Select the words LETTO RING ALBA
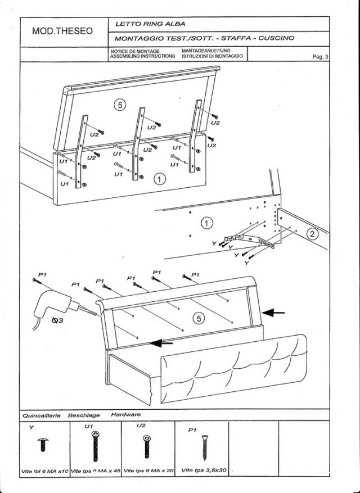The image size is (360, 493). pos(150,24)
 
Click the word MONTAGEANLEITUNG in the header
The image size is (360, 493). pos(206,51)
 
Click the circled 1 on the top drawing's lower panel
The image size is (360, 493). pos(160,179)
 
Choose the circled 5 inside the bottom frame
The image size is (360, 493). pos(198,318)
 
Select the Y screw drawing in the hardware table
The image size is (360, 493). pos(41,446)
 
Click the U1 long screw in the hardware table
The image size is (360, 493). pos(95,447)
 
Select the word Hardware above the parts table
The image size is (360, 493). pos(126,415)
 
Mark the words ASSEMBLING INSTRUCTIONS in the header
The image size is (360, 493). pos(143,57)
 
